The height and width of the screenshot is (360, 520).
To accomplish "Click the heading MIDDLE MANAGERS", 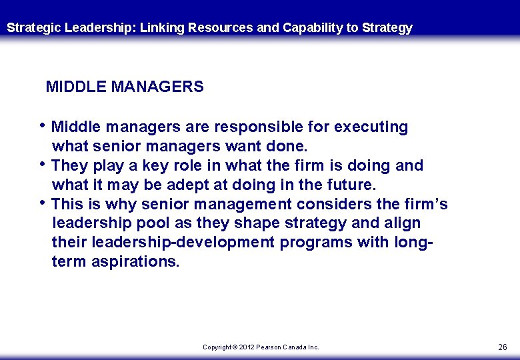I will tap(125, 87).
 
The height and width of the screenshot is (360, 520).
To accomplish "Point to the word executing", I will tap(371, 127).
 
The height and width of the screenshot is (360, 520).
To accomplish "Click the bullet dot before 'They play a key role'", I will tap(43, 163).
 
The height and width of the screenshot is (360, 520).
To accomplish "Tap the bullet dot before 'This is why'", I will tap(43, 202).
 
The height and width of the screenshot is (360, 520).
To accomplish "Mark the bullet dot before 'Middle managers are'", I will tap(43, 125).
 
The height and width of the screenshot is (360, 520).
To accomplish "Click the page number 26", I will tap(503, 347).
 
